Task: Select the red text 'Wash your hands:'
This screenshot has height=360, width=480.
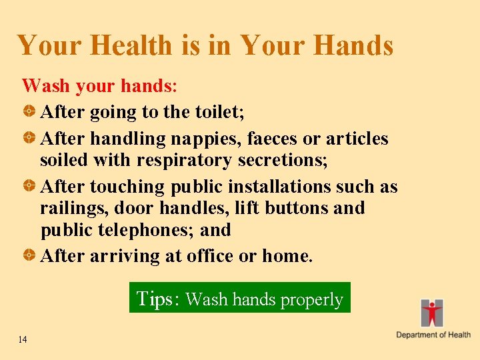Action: tap(99, 86)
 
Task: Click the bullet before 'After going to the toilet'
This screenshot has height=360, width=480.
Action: tap(30, 112)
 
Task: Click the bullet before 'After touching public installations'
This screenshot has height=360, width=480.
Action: tap(30, 187)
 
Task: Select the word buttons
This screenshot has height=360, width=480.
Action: tap(296, 208)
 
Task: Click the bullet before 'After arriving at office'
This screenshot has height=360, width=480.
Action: tap(30, 256)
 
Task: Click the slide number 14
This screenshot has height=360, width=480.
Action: tap(23, 340)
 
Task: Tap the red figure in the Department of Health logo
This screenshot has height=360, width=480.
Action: tap(432, 312)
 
